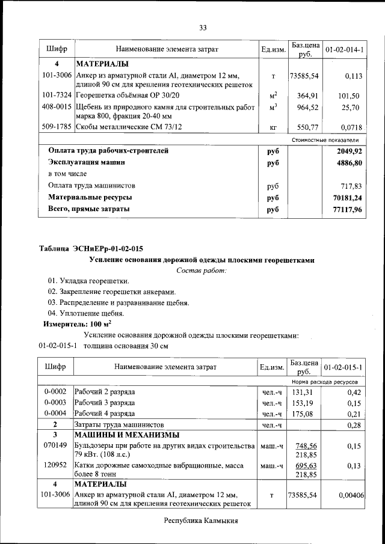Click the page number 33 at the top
coord(203,28)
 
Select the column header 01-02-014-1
coord(344,48)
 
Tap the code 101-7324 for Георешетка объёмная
coord(57,96)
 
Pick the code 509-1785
coord(57,127)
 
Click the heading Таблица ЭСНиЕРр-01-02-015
coord(91,248)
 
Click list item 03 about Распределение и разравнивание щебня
coord(119,302)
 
